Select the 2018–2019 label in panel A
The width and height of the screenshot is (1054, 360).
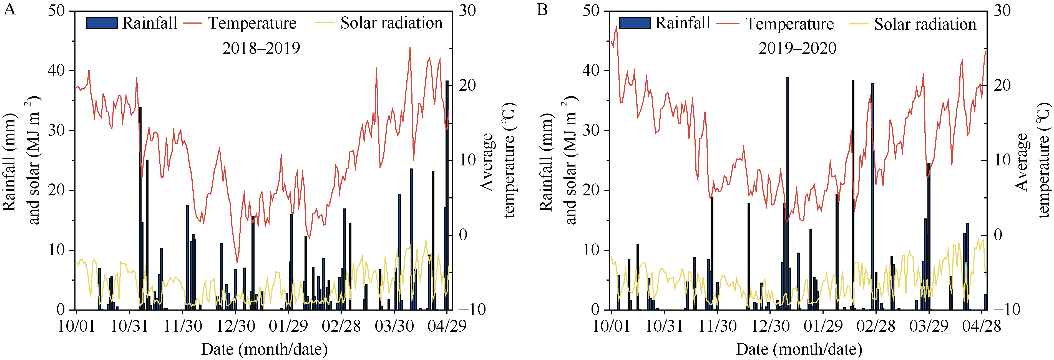tap(261, 48)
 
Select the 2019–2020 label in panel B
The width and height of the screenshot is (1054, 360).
tap(797, 48)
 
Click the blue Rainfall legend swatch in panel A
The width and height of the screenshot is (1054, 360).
tap(102, 23)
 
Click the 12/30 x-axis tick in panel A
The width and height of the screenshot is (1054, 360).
tap(236, 326)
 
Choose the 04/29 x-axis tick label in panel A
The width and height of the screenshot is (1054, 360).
tap(447, 326)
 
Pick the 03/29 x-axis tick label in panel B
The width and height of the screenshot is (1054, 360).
tap(929, 326)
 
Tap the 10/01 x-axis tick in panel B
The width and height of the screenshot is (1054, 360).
tap(611, 326)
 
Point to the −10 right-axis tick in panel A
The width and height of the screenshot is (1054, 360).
tap(472, 310)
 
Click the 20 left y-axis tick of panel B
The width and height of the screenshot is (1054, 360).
tap(591, 190)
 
